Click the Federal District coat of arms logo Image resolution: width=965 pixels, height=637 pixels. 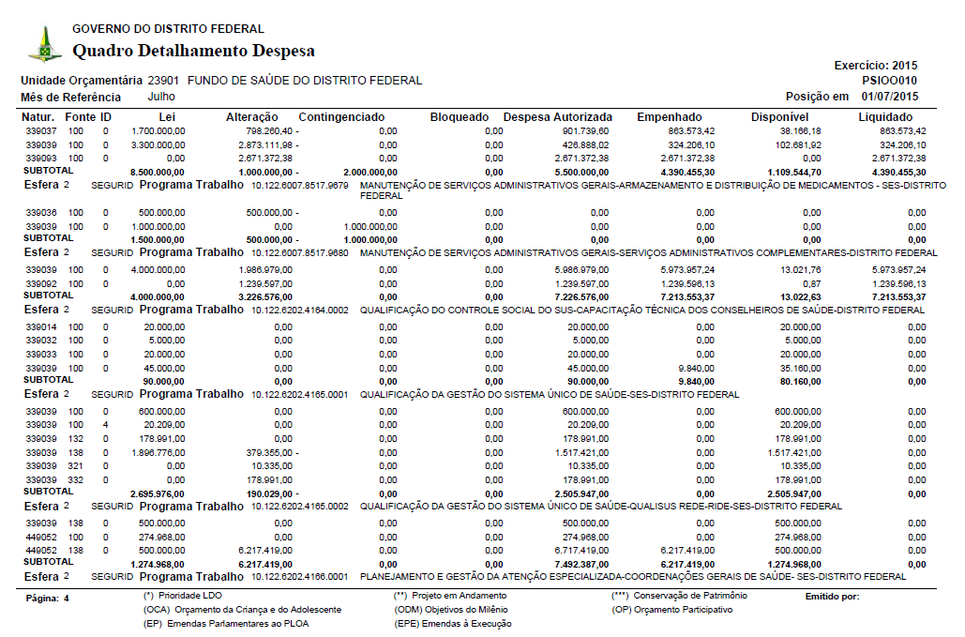tap(44, 43)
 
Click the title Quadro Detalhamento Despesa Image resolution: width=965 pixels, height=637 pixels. tap(193, 51)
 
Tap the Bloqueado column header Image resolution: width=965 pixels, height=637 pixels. tap(460, 117)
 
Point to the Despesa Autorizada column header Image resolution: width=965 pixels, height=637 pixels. tap(558, 117)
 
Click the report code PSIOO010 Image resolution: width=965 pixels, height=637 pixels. tap(890, 81)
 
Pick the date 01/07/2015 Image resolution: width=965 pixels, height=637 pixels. tap(890, 97)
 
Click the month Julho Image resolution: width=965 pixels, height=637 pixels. tap(161, 97)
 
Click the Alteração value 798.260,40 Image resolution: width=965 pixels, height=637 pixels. tap(267, 131)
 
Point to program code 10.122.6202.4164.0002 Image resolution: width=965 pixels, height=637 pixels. tap(299, 310)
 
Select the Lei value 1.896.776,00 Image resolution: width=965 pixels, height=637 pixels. tap(157, 452)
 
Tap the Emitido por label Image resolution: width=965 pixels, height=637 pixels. tap(832, 596)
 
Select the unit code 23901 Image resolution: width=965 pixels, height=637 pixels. tap(164, 81)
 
